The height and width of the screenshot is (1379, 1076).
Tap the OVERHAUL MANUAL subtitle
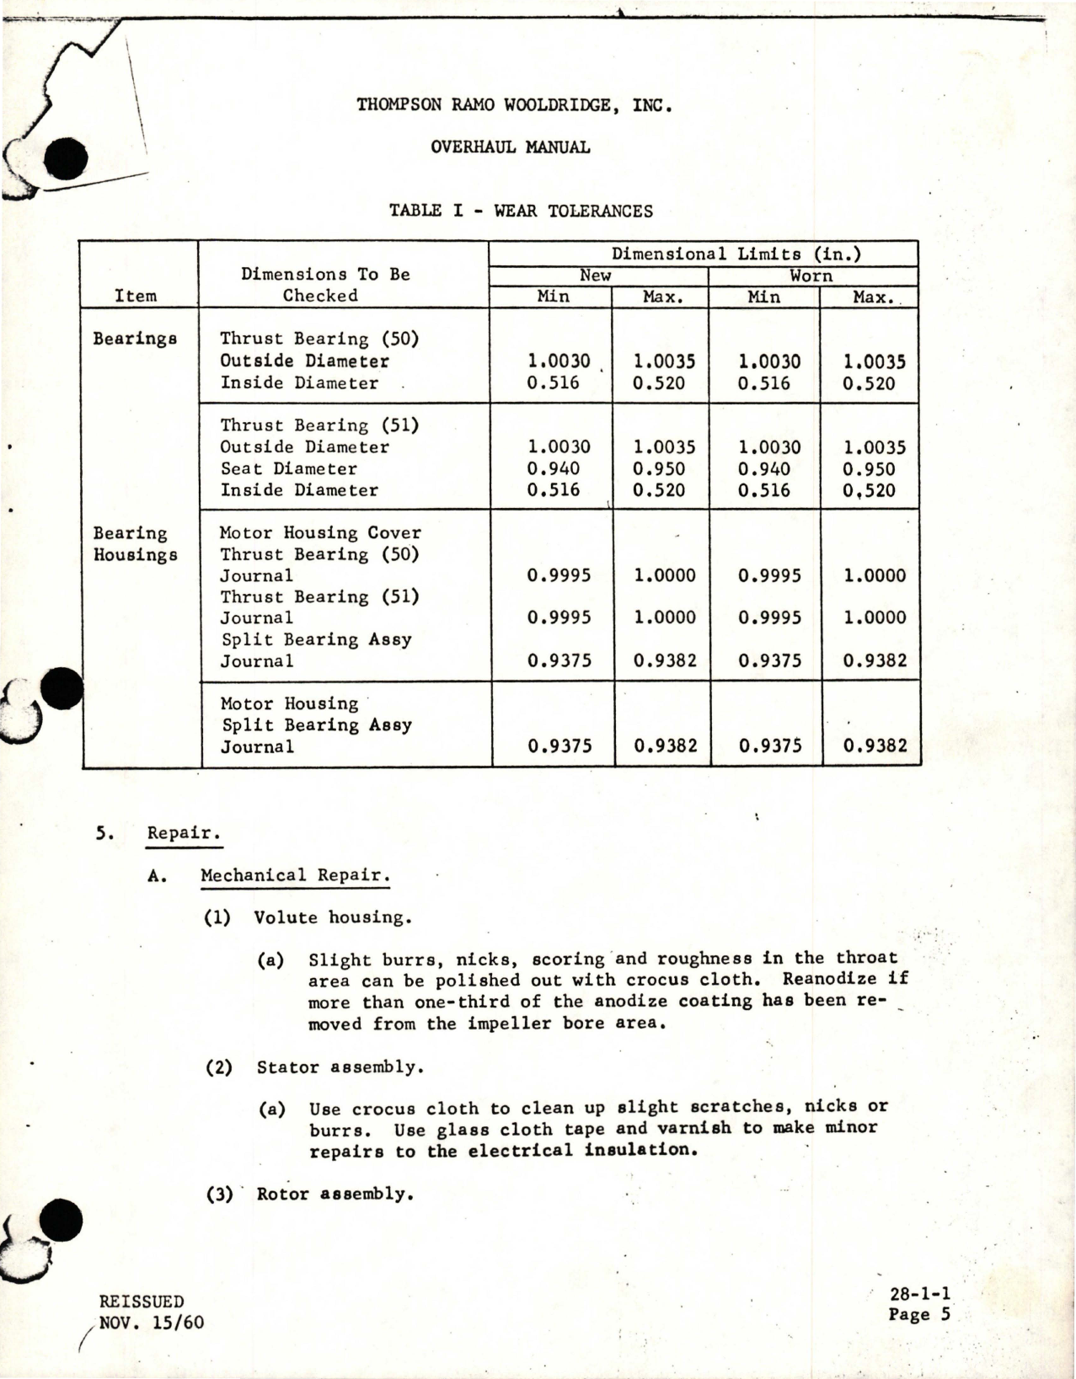[x=510, y=147]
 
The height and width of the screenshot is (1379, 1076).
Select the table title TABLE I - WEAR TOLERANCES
[x=521, y=211]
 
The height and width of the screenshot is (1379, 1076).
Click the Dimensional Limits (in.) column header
[x=736, y=254]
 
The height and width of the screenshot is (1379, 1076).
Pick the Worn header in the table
[x=811, y=276]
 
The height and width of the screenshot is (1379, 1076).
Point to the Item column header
[x=136, y=296]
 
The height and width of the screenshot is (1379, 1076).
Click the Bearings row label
[x=135, y=339]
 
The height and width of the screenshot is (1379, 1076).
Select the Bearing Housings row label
[x=135, y=544]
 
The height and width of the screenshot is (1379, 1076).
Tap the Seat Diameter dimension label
[x=288, y=469]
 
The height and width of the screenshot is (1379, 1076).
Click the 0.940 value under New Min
[x=554, y=469]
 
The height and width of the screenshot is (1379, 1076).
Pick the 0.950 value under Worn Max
[x=869, y=469]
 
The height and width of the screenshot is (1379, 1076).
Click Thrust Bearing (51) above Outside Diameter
[x=319, y=425]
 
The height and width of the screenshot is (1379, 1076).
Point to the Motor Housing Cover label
[x=320, y=533]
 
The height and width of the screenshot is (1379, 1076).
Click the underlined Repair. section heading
[x=183, y=833]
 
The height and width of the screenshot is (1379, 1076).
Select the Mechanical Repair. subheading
[x=294, y=875]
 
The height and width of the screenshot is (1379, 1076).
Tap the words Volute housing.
[x=333, y=917]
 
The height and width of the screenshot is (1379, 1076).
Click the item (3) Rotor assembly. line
[x=310, y=1194]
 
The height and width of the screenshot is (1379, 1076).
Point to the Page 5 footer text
[x=918, y=1315]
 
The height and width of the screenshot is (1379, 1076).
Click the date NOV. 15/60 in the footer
[x=151, y=1323]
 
